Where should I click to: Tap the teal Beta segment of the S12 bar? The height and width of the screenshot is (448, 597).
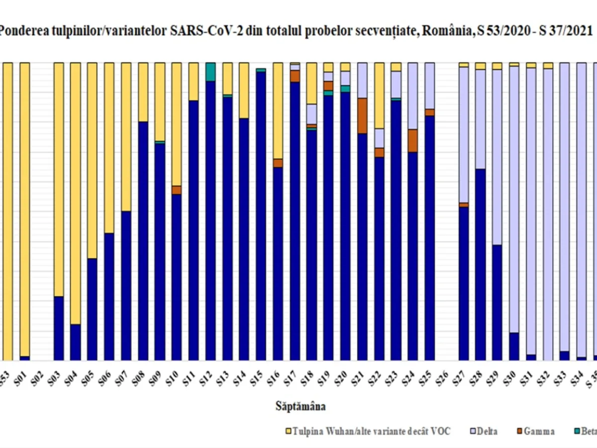[210, 72]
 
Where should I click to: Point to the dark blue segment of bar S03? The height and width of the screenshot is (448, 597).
[59, 328]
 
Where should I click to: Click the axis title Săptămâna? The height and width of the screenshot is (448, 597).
[301, 407]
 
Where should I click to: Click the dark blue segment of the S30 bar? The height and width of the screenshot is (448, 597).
[514, 346]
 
